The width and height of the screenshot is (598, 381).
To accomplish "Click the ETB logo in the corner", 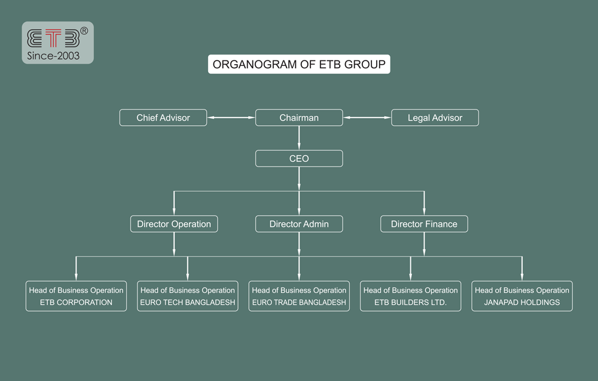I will tap(54, 38).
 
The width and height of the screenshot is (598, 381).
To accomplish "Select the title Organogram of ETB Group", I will tap(299, 64).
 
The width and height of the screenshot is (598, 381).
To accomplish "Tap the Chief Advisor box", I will tap(163, 117).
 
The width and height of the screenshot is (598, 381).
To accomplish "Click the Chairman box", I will tap(299, 117).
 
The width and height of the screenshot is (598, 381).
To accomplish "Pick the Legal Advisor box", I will tap(435, 117).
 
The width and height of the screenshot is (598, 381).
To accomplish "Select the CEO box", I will tap(299, 159).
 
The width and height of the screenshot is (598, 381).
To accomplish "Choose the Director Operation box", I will tap(174, 224).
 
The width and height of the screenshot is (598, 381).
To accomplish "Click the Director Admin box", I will tap(299, 224).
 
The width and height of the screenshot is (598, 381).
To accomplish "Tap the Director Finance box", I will tap(424, 224).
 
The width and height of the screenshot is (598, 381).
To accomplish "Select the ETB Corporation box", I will tap(76, 296).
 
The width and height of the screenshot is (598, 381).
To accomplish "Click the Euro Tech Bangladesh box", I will tap(188, 296).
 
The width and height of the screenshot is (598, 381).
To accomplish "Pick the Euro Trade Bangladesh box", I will tap(299, 296).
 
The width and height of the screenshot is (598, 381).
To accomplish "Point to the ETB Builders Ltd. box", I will tap(410, 296).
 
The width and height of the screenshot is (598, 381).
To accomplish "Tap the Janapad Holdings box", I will tap(522, 296).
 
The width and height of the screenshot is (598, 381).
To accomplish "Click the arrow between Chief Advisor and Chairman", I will tap(231, 117).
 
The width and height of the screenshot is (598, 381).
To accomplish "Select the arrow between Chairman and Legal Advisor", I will tap(367, 117).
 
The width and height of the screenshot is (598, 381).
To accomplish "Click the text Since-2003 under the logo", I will tap(54, 56).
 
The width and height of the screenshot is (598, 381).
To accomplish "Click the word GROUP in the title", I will tap(366, 64).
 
